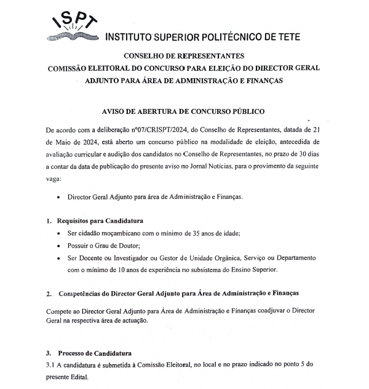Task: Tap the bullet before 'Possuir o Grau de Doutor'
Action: [58, 245]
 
